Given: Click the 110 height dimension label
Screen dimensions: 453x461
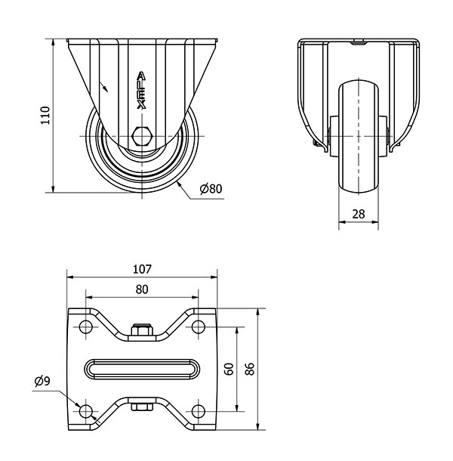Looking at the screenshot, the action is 45,115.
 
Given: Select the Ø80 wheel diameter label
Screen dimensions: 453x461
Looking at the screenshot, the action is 211,188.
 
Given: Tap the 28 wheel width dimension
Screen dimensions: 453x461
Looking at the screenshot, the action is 359,214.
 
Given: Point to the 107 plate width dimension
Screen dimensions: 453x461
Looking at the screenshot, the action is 142,269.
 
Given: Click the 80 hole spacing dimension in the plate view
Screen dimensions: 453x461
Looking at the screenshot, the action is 142,289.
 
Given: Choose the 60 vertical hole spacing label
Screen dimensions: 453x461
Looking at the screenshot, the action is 230,369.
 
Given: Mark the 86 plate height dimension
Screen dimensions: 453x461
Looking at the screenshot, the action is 250,369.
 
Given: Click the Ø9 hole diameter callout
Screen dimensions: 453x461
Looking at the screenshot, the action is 42,382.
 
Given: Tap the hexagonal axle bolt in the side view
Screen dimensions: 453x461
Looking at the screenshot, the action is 142,136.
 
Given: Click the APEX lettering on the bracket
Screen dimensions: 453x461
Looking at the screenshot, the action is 142,91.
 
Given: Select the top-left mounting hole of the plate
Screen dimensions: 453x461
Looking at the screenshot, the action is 86,326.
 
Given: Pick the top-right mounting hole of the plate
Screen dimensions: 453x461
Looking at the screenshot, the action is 199,326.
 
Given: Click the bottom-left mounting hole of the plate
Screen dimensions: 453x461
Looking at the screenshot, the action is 86,411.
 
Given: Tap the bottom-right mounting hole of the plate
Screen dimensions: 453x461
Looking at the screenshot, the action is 199,411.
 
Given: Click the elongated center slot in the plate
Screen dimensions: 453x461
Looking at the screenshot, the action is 142,369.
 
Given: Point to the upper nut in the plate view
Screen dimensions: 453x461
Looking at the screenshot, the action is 142,330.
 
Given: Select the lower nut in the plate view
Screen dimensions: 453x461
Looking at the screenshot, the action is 142,407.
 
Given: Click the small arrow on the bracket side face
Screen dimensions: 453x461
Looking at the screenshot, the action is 103,87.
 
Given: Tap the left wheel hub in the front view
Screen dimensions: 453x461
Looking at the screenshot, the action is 334,136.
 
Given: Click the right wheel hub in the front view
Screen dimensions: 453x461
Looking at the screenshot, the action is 383,136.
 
